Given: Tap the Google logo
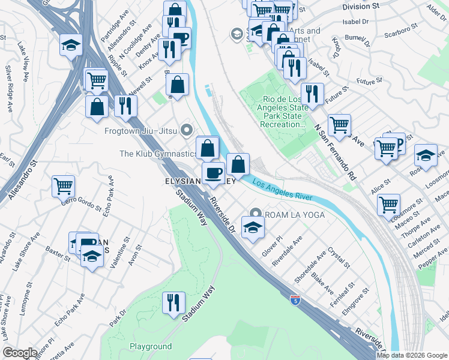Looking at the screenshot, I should click(x=20, y=353).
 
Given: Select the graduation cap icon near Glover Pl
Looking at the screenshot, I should click(x=253, y=227).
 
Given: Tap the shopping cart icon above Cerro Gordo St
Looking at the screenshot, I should click(x=63, y=185).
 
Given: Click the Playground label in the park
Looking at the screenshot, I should click(x=151, y=346).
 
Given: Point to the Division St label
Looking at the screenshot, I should click(x=361, y=6).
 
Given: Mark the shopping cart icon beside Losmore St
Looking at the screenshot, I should click(x=388, y=204).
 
